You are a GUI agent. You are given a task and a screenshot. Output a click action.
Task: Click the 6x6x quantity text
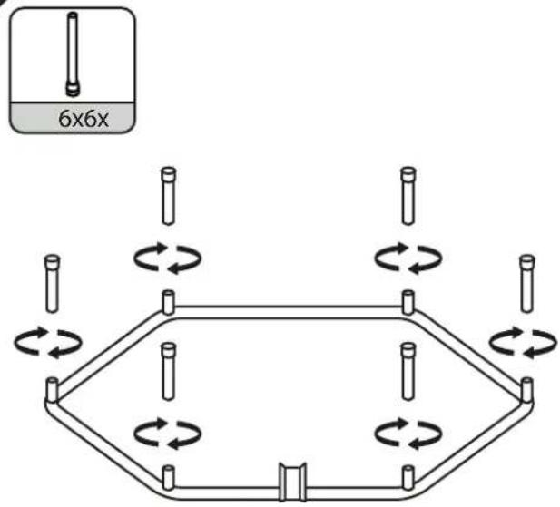84,119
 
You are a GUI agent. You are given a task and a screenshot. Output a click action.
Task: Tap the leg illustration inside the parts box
73,54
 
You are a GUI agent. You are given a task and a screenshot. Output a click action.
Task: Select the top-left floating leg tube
169,196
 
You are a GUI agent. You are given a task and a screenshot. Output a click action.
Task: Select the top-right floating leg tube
408,196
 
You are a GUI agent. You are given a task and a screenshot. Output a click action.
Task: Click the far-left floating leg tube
53,284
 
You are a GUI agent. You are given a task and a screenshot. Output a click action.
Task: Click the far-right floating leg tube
527,284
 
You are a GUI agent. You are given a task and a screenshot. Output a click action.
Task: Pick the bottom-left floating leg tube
169,372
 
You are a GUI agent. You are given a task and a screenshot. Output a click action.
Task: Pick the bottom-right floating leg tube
408,372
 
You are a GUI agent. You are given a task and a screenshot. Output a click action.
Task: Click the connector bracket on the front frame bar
292,482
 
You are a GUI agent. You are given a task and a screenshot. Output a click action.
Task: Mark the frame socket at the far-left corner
52,390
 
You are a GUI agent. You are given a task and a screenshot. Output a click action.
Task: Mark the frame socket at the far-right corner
526,390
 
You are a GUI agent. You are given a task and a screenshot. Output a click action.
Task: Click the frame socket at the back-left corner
169,303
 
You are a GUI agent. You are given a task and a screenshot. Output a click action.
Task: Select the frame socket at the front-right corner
408,477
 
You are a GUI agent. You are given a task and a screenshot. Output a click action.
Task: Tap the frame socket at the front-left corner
168,477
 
